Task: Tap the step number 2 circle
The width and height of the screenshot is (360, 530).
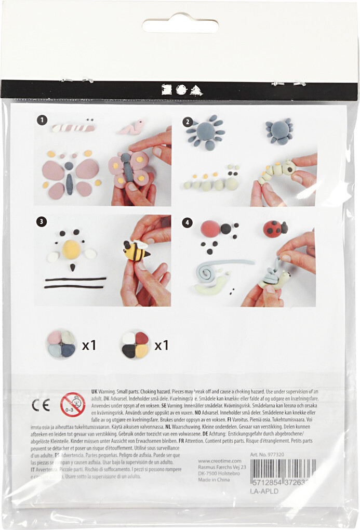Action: [187, 122]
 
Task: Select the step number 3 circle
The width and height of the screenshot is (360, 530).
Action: [42, 221]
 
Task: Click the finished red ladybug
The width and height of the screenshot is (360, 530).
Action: [275, 229]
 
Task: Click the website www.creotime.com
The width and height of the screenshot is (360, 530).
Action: [220, 460]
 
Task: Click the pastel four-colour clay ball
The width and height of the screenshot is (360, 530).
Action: [61, 344]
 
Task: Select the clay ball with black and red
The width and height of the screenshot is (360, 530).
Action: [135, 344]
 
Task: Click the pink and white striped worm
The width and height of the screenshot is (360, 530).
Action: [73, 127]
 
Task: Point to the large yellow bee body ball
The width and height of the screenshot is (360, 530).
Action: [72, 249]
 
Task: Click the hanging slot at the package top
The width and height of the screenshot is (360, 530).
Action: [180, 25]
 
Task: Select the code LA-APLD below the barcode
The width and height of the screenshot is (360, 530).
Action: [264, 491]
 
